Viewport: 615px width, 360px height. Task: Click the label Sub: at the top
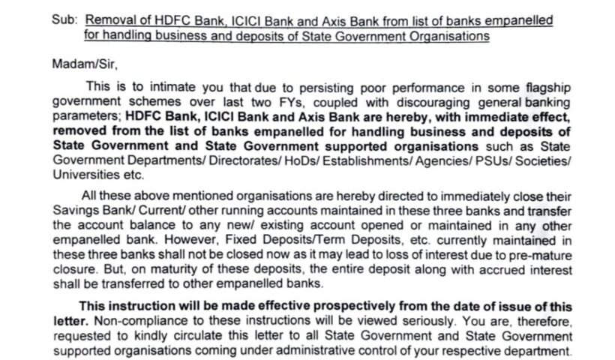pos(64,21)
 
